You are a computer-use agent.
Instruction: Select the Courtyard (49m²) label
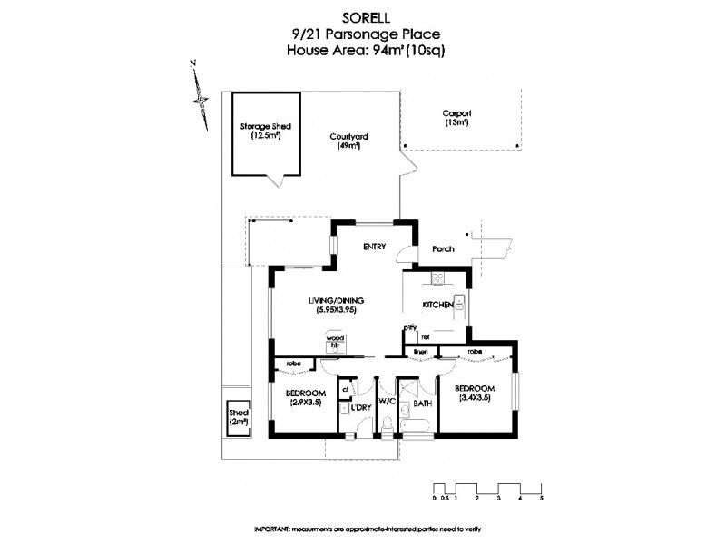point(348,141)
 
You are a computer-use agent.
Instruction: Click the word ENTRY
point(376,247)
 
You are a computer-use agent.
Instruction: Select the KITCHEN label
point(437,306)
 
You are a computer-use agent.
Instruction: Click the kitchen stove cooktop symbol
point(437,279)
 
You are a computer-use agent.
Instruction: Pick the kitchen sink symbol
point(461,304)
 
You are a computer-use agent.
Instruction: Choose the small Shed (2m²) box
point(238,418)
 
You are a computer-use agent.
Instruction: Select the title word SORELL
point(368,16)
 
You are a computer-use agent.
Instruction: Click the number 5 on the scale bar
point(541,499)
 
